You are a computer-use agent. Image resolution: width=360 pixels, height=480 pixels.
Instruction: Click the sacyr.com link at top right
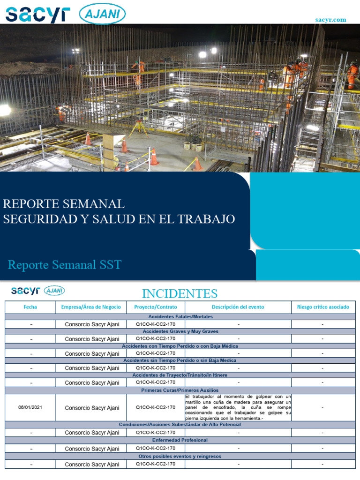(331, 20)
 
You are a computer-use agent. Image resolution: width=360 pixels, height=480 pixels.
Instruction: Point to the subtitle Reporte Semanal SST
(65, 265)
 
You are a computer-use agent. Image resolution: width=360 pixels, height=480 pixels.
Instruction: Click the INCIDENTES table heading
(180, 294)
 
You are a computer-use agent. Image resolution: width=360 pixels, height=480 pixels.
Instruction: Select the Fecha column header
(30, 307)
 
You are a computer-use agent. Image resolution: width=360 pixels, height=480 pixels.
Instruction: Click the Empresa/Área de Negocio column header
(91, 307)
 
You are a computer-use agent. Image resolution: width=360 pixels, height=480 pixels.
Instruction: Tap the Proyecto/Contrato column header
(156, 307)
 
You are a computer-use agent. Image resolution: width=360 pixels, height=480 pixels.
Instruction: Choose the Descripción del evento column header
(238, 307)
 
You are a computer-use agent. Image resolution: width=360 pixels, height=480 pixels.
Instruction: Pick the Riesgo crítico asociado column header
(323, 307)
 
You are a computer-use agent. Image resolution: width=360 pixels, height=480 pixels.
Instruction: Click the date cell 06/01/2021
(30, 407)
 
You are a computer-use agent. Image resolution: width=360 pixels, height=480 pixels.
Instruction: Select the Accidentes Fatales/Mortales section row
(180, 317)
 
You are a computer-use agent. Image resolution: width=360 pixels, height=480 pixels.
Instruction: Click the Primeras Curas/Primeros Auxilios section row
(180, 390)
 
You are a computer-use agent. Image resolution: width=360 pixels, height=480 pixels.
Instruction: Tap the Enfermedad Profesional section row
(180, 440)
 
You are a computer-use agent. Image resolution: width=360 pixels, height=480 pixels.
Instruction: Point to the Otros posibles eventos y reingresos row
(180, 456)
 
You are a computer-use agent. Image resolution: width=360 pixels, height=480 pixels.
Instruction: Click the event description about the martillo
(238, 407)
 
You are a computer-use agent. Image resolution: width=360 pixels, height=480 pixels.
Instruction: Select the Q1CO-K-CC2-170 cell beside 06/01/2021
(156, 407)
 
